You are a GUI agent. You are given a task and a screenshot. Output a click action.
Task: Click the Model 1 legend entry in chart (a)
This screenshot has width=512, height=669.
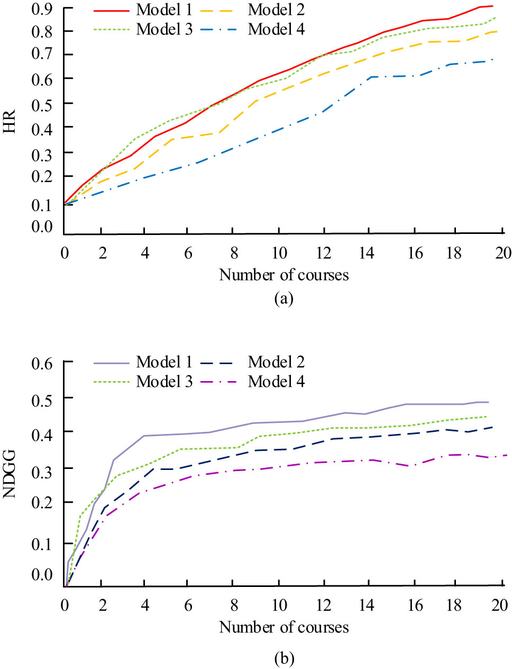point(164,10)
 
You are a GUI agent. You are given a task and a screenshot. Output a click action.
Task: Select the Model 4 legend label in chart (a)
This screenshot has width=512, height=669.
point(276,29)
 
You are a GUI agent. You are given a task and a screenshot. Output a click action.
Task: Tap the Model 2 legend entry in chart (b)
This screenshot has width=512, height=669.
point(276,362)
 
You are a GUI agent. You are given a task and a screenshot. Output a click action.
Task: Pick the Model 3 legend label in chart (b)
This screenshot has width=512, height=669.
point(164,381)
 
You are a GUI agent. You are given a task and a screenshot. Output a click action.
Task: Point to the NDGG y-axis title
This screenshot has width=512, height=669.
point(10,474)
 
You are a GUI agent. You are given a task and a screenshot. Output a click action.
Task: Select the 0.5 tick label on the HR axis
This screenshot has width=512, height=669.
point(42,103)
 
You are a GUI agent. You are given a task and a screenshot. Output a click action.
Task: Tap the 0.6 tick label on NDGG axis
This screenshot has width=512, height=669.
point(42,363)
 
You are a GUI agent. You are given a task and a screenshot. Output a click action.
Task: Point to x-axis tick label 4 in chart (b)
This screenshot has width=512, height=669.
point(145,605)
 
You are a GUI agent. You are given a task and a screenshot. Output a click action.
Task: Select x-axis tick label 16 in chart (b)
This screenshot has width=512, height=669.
point(415,605)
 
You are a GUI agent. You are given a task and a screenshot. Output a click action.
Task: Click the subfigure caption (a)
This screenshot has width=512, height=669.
point(284,299)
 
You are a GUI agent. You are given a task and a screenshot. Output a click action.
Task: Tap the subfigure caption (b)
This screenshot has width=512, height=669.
point(284,658)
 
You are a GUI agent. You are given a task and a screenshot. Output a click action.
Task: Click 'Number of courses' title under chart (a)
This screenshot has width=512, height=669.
point(284,275)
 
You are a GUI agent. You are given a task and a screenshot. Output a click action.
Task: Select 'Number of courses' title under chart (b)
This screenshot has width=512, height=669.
point(284,627)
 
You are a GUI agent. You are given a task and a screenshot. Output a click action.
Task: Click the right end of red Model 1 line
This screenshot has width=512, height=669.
point(492,6)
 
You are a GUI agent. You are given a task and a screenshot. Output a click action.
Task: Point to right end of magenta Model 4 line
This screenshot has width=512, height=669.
point(507,455)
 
